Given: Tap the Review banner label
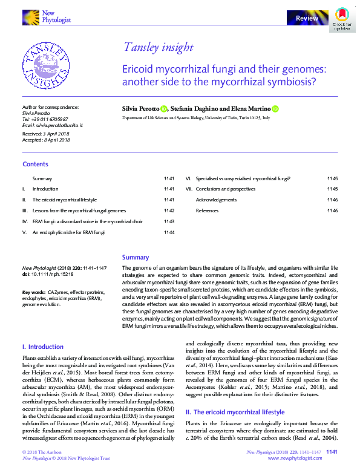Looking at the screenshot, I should (x=307, y=19).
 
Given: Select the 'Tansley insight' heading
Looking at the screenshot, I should (x=158, y=47).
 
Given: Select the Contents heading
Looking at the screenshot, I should (x=35, y=164).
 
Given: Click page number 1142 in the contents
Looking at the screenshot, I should (x=169, y=210).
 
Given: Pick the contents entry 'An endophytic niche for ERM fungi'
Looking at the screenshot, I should (x=69, y=232).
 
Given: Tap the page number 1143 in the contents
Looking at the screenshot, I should (x=169, y=221).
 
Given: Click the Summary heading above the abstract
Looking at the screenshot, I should (x=135, y=257).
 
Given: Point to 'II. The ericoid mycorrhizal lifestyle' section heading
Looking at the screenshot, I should (x=234, y=412).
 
